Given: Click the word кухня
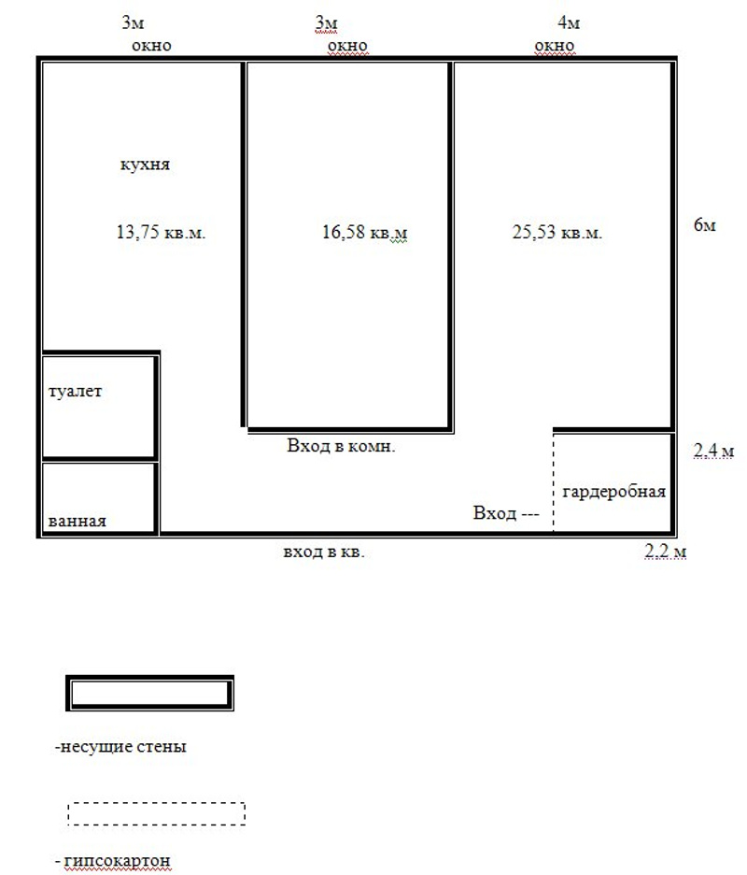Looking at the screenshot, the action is [145, 165].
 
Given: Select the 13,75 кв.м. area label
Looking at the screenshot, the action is [161, 232].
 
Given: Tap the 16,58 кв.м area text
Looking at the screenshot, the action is [364, 232].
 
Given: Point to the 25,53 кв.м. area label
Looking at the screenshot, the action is [557, 232].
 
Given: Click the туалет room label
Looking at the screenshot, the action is [76, 391].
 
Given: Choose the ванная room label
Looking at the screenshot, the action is [77, 522].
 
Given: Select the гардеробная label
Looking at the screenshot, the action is [613, 492].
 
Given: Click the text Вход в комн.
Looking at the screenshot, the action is [341, 445].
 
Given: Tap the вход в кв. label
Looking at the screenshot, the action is [323, 552].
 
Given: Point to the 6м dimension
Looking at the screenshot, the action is [705, 225].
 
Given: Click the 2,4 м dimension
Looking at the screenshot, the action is [713, 451].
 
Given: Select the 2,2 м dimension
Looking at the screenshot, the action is [665, 552].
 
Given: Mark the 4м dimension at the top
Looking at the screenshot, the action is [569, 22].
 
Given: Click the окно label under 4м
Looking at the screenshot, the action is [555, 46].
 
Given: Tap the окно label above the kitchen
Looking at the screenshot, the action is [151, 46].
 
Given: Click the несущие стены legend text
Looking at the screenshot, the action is [121, 746].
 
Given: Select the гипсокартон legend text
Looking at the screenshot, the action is [113, 861].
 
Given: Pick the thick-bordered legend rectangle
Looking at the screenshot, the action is [150, 678].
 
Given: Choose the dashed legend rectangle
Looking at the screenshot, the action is [157, 803].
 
